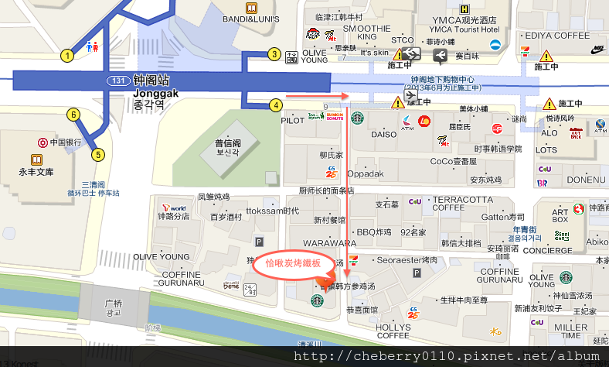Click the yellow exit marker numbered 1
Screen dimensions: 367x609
click(x=67, y=55)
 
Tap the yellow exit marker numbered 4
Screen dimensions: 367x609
click(x=275, y=105)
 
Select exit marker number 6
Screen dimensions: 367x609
click(x=73, y=115)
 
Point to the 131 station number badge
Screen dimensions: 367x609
click(x=117, y=81)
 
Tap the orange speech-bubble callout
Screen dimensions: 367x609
click(x=293, y=263)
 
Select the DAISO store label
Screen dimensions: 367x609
click(x=383, y=134)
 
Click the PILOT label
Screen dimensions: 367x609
click(x=292, y=121)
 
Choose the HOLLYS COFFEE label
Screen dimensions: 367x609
click(x=393, y=331)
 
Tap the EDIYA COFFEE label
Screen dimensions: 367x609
click(x=556, y=35)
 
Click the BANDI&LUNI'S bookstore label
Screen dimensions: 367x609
click(x=250, y=18)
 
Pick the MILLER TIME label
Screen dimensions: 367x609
click(x=571, y=331)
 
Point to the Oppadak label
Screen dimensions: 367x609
click(x=365, y=173)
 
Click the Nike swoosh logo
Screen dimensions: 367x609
click(x=598, y=50)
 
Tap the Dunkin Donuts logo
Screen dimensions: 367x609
click(x=335, y=117)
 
